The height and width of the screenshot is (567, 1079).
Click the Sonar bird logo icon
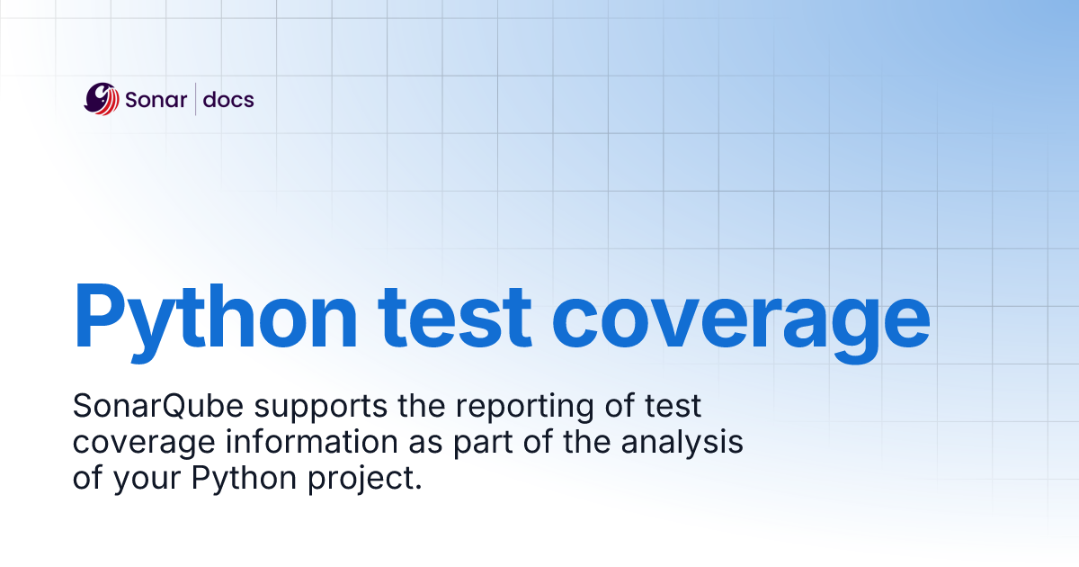pyautogui.click(x=102, y=98)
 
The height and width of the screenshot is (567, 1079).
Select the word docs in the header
pyautogui.click(x=228, y=99)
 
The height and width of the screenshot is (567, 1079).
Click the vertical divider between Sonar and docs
pyautogui.click(x=196, y=99)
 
